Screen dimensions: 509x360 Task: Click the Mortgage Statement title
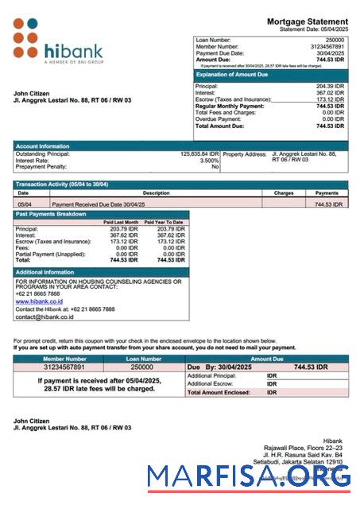307,21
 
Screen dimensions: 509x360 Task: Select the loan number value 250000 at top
335,39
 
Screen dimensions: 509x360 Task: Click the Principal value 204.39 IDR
330,86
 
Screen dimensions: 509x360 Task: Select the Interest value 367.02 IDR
330,92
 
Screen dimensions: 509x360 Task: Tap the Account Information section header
42,146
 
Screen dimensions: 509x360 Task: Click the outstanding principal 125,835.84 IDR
199,153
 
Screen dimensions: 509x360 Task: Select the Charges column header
284,192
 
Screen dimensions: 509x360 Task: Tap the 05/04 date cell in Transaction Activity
24,204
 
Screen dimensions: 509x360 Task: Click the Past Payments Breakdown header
51,214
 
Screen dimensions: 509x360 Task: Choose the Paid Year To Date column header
164,222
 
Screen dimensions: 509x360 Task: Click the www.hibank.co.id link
39,301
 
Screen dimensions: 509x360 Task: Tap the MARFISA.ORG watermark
249,476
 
